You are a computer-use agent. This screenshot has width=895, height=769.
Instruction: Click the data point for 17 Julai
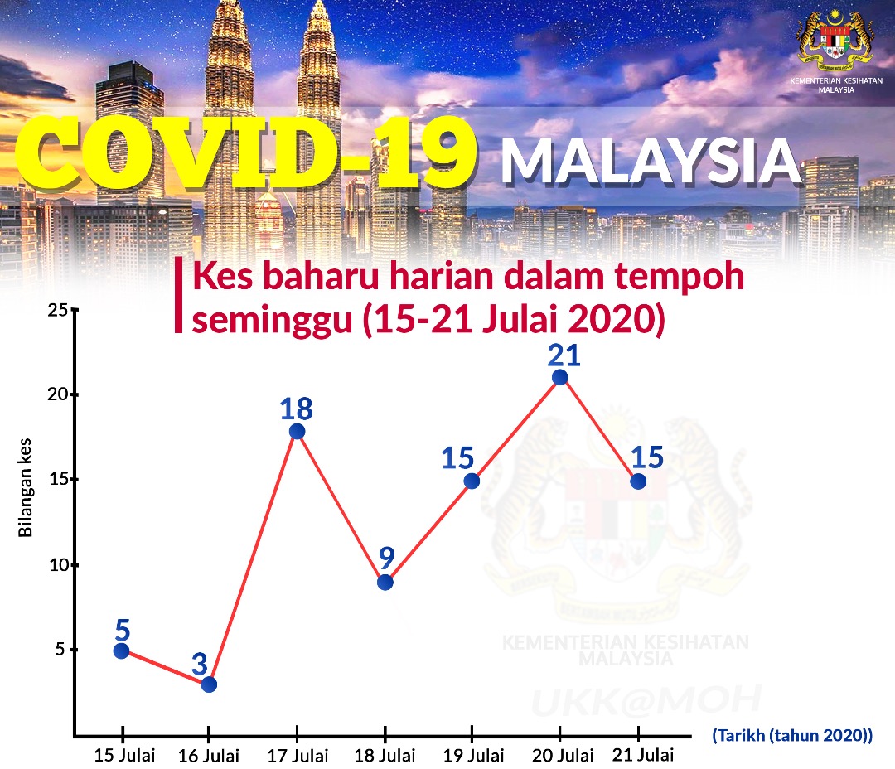click(x=297, y=431)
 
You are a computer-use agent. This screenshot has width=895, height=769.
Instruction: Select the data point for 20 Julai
click(x=560, y=377)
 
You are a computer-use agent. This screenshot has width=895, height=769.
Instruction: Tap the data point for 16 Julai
click(x=209, y=684)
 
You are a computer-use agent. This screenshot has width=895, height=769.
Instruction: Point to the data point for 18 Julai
click(x=385, y=583)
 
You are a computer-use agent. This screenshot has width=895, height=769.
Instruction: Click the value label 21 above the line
click(x=564, y=355)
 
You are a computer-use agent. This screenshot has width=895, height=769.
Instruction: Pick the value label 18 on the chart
click(x=296, y=409)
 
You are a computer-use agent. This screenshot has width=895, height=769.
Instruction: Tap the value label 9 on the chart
click(x=387, y=558)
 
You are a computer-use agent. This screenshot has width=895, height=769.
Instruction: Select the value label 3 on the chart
click(x=199, y=664)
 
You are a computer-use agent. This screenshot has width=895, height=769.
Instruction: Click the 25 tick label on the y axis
click(x=57, y=310)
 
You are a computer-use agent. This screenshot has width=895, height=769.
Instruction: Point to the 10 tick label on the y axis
click(x=58, y=565)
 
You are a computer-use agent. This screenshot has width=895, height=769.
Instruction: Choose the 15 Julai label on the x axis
click(x=124, y=755)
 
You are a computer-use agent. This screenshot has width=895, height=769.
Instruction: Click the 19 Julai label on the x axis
click(x=474, y=755)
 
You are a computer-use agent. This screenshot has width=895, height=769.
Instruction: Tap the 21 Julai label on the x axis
click(x=643, y=755)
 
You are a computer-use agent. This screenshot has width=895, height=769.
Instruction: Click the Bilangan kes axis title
click(x=25, y=487)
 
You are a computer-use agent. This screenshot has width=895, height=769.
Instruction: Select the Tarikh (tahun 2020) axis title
click(x=792, y=735)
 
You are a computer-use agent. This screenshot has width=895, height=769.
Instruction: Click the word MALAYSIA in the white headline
click(x=651, y=162)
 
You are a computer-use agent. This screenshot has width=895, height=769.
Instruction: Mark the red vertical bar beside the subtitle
click(x=179, y=294)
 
